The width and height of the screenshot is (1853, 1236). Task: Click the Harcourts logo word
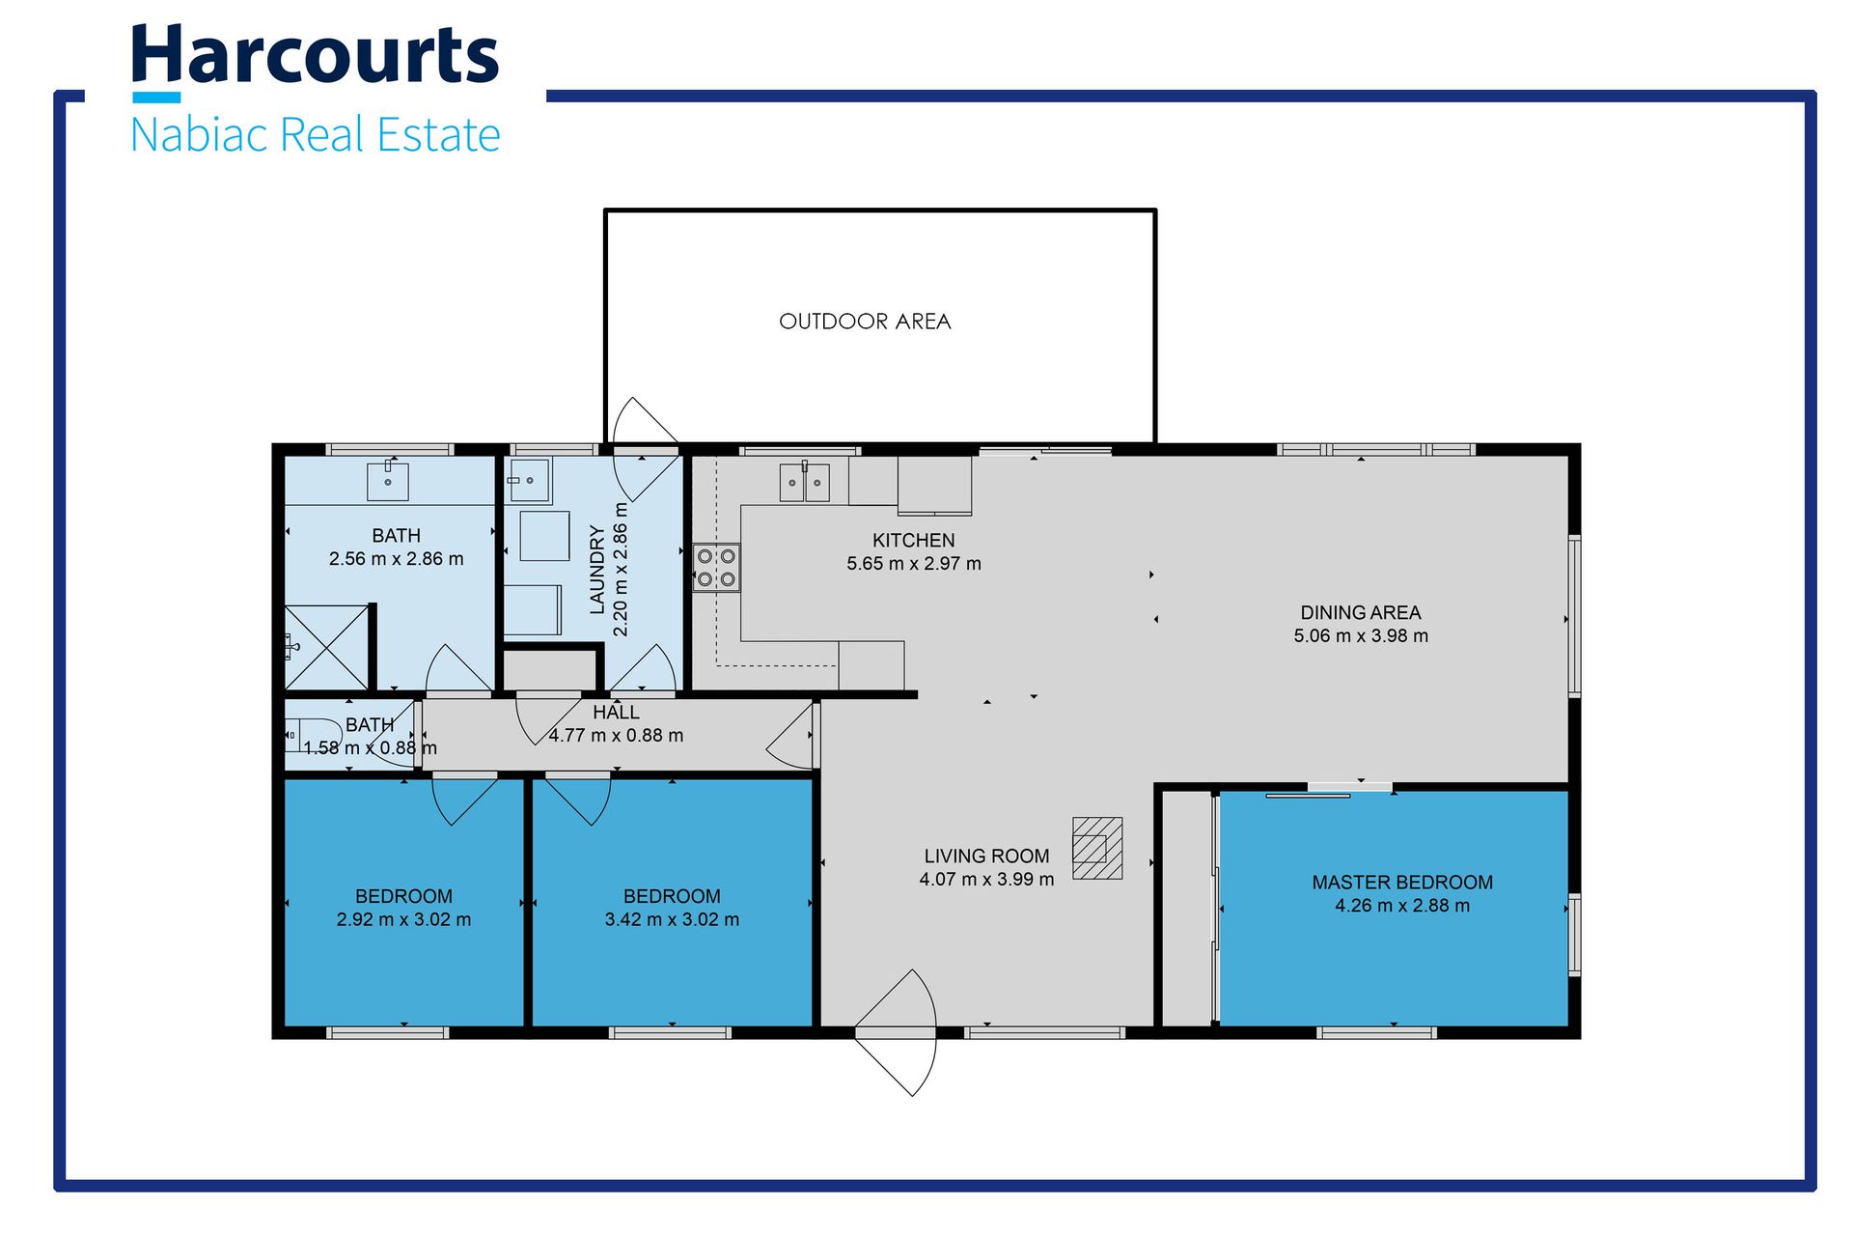[x=315, y=56]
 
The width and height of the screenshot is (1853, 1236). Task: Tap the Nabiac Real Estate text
[x=315, y=134]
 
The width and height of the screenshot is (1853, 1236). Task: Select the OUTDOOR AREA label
[x=865, y=322]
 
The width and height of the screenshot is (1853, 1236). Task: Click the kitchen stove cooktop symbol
[x=716, y=568]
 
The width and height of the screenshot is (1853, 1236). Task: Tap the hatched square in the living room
[x=1097, y=848]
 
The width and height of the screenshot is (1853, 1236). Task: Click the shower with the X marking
[x=326, y=647]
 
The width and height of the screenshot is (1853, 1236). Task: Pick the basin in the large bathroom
[x=388, y=480]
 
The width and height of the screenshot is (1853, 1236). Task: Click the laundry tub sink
[x=529, y=480]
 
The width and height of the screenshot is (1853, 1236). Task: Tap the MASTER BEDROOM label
[x=1402, y=883]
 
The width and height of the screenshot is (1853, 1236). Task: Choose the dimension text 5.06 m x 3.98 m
[x=1361, y=636]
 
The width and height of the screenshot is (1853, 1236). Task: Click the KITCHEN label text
[x=913, y=541]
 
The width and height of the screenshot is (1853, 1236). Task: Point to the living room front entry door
[x=896, y=1033]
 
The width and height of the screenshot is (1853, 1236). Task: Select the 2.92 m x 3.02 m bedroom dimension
[x=403, y=920]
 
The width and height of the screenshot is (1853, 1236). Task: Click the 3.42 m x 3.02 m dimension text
[x=672, y=920]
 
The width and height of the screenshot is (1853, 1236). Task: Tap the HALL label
[x=616, y=713]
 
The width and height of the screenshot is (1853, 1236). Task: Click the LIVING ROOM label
[x=986, y=857]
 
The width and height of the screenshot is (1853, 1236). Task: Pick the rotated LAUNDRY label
[x=597, y=570]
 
